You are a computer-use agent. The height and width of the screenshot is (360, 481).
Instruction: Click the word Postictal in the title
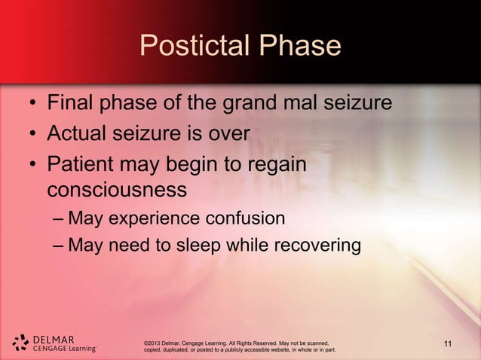(x=194, y=47)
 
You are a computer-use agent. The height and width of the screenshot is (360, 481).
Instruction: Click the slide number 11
(x=449, y=346)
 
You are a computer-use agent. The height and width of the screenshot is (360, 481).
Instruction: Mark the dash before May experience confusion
(x=58, y=219)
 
